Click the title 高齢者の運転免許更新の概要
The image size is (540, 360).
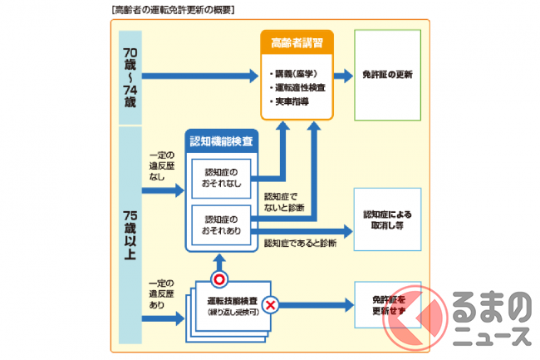[x=172, y=10]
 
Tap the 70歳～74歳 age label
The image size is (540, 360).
[x=131, y=76]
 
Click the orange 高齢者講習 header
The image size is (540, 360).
[x=297, y=41]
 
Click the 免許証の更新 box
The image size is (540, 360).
[x=387, y=75]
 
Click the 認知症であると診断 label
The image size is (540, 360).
[x=300, y=244]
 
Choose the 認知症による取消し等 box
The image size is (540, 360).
[x=387, y=219]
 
